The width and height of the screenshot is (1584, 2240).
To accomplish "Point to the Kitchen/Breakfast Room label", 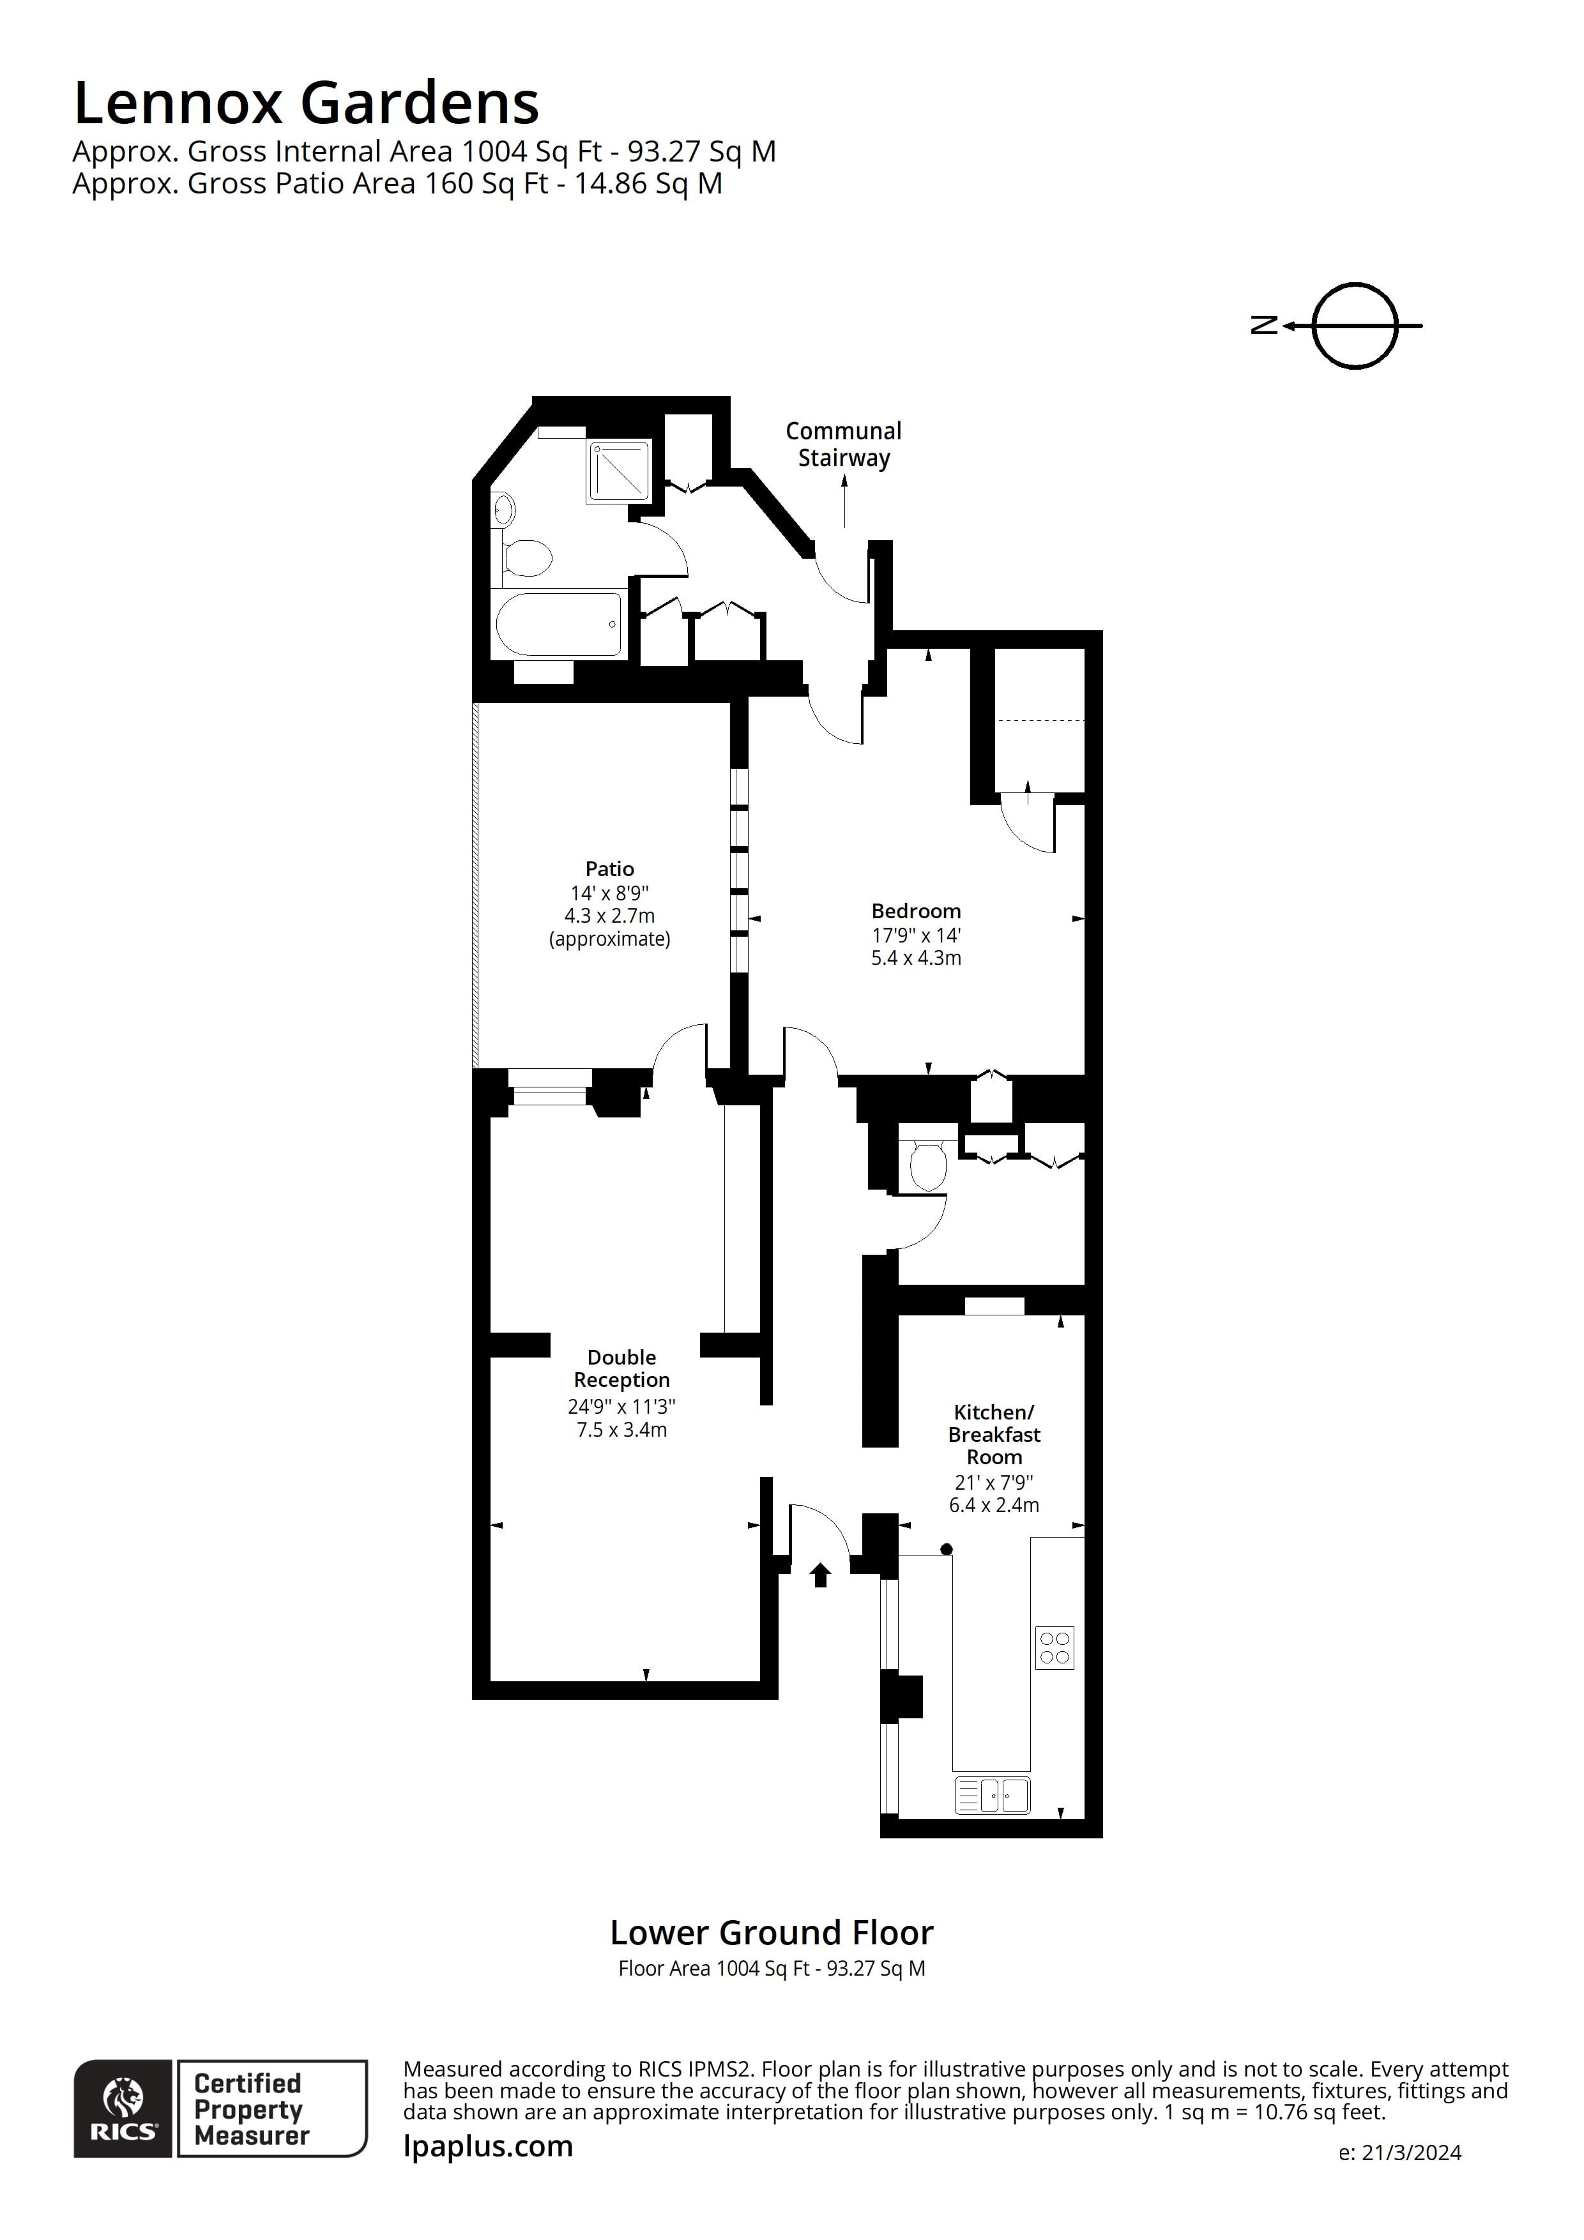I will pos(994,1434).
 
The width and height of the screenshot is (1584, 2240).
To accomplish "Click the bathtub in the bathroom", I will pos(558,624).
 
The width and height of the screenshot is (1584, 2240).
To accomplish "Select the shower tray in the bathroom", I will pos(619,472).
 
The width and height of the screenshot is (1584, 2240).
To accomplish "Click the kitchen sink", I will pos(993,1795).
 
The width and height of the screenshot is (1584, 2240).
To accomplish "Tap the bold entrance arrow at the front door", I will pos(821,1575).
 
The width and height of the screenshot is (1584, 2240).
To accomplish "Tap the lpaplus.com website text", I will pos(488,2145).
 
